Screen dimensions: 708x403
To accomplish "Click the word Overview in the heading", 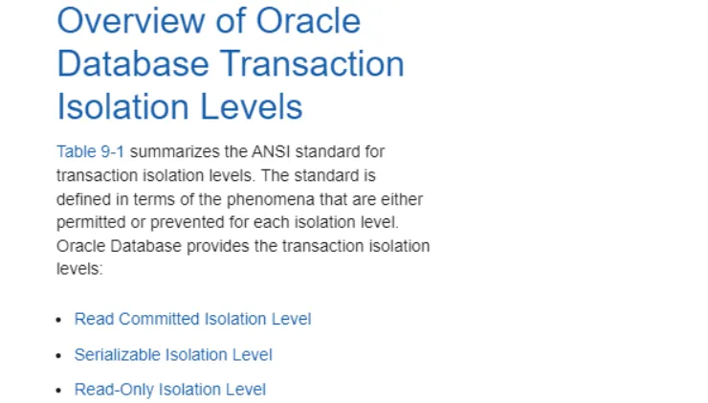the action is click(130, 20).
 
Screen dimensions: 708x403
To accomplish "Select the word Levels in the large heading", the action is click(251, 107).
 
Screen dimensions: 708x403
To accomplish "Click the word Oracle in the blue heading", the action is click(308, 20).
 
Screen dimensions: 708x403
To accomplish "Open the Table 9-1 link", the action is click(90, 151).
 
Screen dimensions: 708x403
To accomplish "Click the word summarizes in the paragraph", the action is click(174, 151).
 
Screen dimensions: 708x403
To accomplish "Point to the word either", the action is click(402, 199).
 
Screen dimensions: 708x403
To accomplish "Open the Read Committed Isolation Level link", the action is click(193, 319).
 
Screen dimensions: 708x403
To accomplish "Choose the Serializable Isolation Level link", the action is click(173, 354).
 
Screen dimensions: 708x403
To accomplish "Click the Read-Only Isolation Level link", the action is click(170, 390).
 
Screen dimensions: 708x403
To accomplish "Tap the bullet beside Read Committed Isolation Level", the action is click(58, 320).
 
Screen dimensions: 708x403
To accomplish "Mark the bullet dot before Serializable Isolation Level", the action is click(58, 355).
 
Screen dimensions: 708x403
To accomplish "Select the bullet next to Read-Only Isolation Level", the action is click(58, 391).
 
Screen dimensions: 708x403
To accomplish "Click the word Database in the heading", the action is click(133, 64).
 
